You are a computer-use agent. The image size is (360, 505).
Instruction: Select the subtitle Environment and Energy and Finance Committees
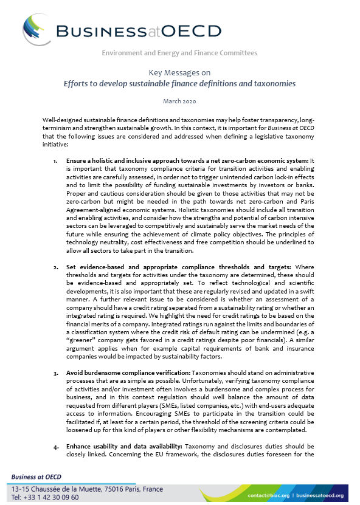(179, 53)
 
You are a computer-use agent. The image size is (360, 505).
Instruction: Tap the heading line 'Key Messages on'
(179, 72)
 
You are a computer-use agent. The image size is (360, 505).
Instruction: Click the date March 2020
(179, 100)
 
